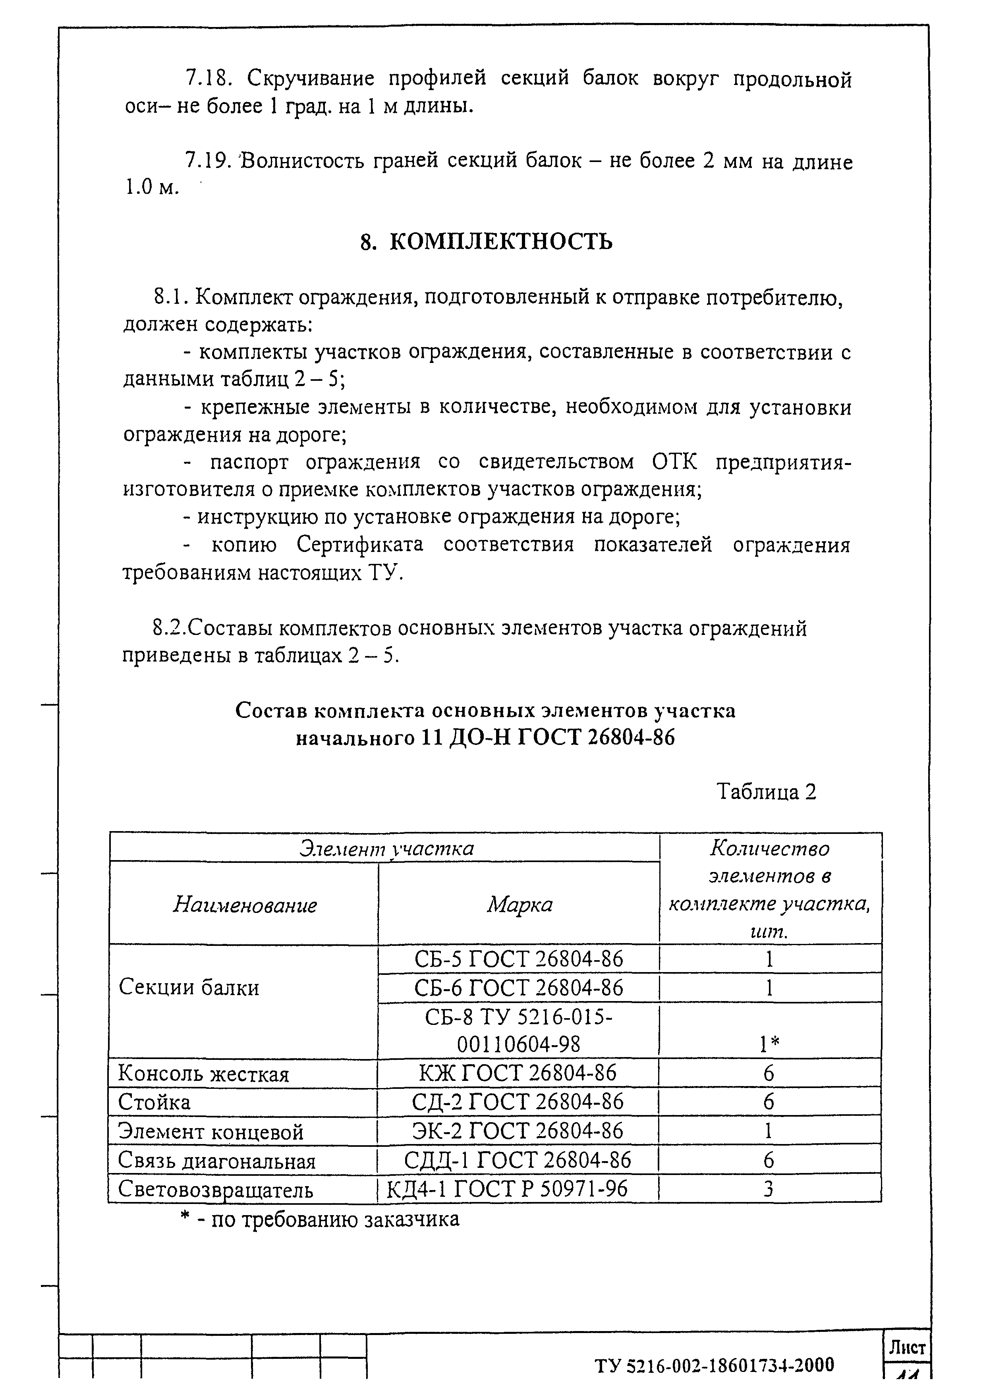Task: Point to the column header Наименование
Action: point(245,905)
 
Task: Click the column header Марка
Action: point(520,905)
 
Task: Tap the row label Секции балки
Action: point(189,988)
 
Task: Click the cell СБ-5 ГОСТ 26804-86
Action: point(518,959)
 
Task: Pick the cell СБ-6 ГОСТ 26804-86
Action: point(518,988)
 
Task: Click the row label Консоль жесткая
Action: point(203,1074)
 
